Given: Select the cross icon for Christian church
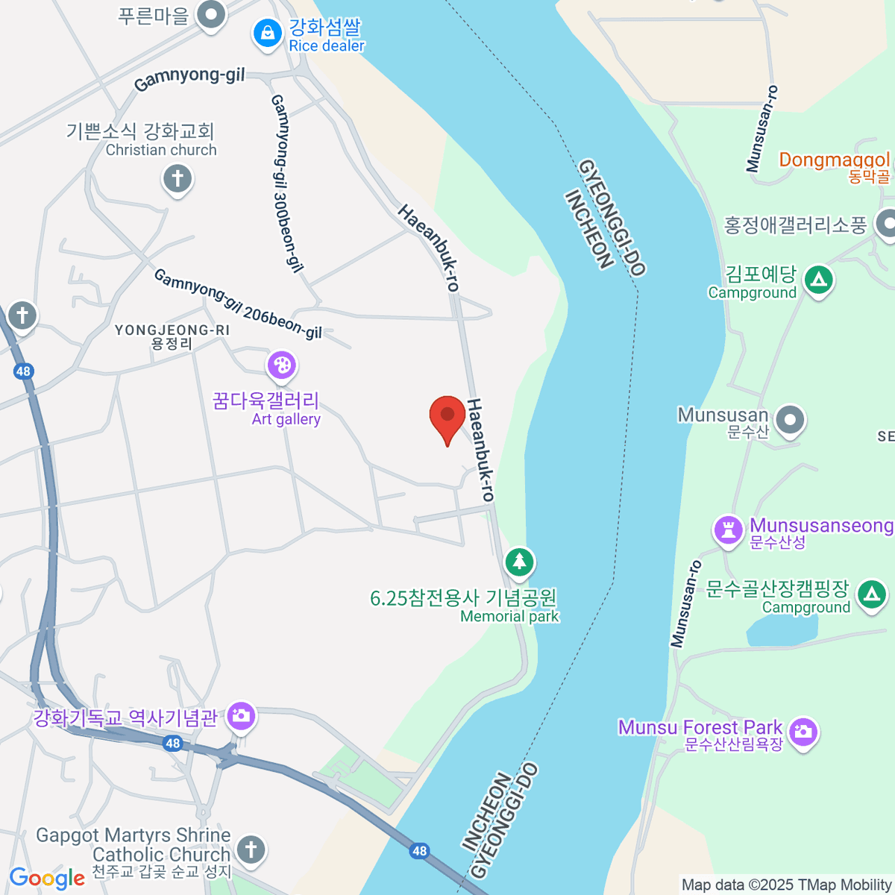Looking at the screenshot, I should point(178,180).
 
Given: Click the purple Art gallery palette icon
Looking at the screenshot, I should point(282,365).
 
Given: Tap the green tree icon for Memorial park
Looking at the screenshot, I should point(519,561).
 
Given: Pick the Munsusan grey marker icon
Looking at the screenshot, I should point(790,420).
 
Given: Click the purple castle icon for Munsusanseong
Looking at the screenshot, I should point(728,530).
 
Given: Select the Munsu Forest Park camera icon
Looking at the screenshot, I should point(803,732).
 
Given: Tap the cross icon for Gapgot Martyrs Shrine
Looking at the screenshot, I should point(251,850).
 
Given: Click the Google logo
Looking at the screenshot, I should point(47,879).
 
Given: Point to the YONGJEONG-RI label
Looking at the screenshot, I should point(172,336).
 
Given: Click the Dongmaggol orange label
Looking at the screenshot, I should point(834,160).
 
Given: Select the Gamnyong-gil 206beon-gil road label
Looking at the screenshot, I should point(238,304).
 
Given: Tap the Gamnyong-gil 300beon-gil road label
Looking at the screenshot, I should point(287,183).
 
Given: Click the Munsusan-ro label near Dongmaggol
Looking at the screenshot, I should point(761,128).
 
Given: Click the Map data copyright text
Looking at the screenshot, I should point(786,885).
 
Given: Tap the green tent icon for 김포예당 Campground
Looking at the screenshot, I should point(819,280).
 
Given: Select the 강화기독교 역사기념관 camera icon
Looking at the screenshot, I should point(241,717).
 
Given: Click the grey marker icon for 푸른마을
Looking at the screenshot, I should point(211,15).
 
